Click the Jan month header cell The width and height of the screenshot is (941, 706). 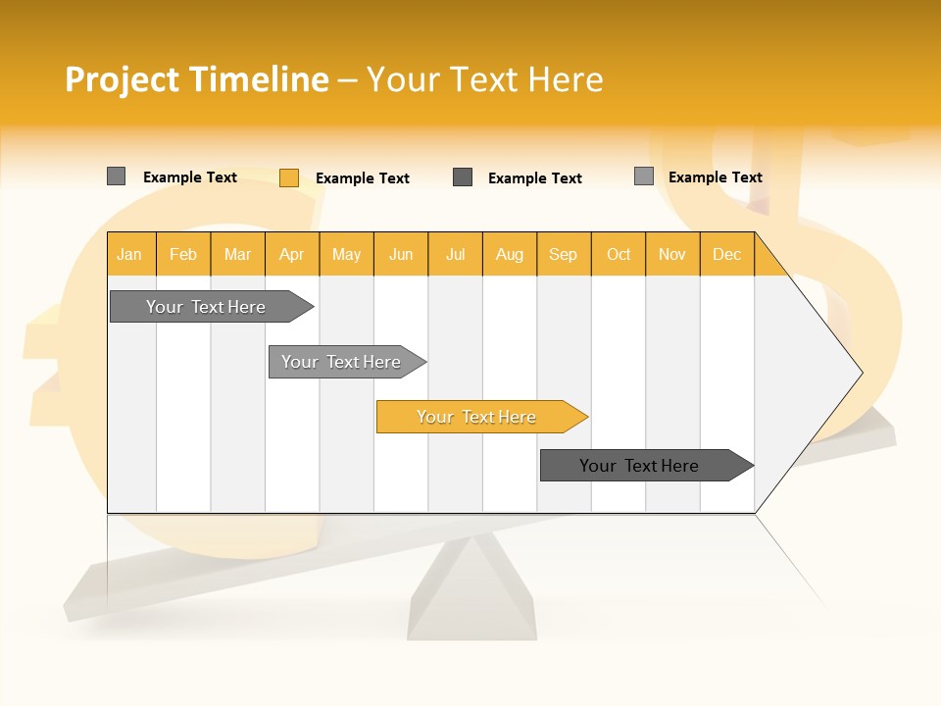130,254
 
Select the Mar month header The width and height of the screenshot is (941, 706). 237,254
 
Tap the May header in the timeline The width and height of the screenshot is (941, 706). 346,254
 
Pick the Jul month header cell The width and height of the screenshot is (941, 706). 456,254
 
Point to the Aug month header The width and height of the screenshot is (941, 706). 510,254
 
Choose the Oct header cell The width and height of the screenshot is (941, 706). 619,254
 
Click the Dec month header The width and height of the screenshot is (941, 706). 726,254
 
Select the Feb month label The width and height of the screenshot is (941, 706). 183,254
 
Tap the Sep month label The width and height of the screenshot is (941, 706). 563,254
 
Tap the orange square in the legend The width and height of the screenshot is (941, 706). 289,177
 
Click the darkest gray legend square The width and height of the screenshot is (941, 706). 463,177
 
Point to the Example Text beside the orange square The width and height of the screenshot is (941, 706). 362,178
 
